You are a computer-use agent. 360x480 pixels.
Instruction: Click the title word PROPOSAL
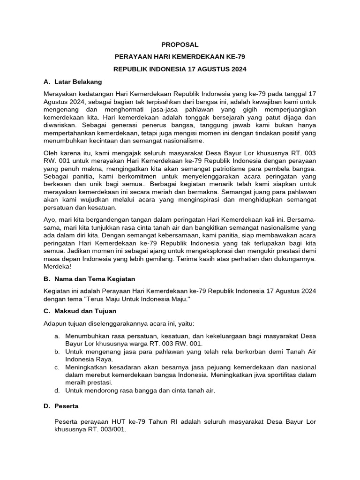click(180, 45)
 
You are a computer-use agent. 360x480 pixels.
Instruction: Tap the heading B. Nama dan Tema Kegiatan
click(89, 278)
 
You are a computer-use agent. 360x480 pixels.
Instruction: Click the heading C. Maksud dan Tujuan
click(80, 311)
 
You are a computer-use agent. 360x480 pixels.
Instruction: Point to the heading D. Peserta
click(61, 405)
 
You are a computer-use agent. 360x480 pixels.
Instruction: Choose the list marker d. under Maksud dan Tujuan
click(57, 390)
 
